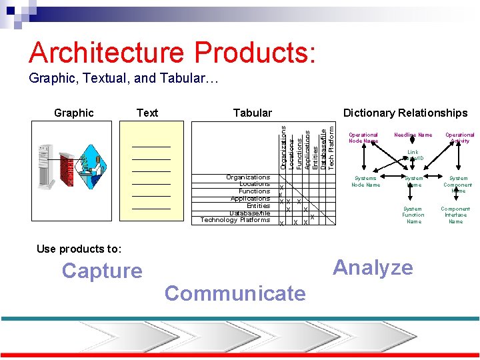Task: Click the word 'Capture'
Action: pos(102,271)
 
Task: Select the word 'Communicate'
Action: pos(235,293)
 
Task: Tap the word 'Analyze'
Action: pos(373,267)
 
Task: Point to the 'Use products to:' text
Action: pos(79,249)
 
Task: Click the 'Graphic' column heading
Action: pos(73,113)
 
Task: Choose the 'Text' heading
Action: pos(147,113)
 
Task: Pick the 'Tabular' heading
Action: pos(252,113)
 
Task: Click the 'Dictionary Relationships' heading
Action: pos(405,113)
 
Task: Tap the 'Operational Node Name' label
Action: pos(363,137)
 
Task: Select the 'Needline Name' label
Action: pos(413,135)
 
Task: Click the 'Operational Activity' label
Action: pos(460,137)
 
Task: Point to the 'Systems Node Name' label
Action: pos(365,181)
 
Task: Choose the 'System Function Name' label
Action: pos(413,215)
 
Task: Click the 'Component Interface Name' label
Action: pos(456,215)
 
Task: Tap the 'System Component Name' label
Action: pos(459,184)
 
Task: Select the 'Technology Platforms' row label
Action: pos(235,219)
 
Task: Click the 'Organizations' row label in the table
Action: pos(248,177)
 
